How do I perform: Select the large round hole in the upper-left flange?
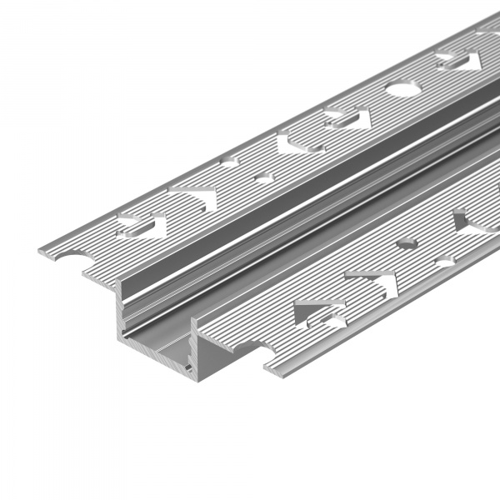coord(399,87)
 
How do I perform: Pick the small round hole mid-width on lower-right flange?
coord(407,243)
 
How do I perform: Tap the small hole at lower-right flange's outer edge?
coord(445,261)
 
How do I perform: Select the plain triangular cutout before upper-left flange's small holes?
coord(200,196)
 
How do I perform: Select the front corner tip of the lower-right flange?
coord(269,367)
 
